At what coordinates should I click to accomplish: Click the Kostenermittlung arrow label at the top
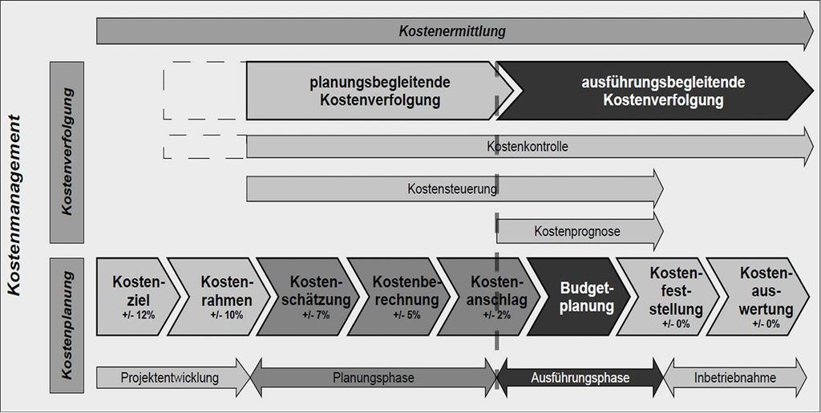click(452, 31)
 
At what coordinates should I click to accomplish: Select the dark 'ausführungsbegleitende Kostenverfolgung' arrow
click(654, 91)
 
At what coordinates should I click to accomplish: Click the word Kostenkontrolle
click(528, 147)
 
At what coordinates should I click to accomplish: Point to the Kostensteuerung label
click(452, 189)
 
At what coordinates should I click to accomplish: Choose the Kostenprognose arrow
click(580, 231)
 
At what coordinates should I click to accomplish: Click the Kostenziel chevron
click(138, 296)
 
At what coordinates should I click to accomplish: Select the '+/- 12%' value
click(138, 316)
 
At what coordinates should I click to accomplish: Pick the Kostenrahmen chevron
click(220, 296)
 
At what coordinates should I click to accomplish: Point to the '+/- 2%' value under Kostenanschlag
click(495, 316)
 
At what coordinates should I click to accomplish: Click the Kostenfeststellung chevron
click(668, 296)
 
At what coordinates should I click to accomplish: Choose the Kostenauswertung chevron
click(758, 296)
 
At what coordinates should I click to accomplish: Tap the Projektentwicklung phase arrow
click(174, 378)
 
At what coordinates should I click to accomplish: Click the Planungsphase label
click(373, 378)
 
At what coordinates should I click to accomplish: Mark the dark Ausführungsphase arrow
click(580, 378)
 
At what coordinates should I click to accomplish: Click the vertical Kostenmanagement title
click(16, 205)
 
